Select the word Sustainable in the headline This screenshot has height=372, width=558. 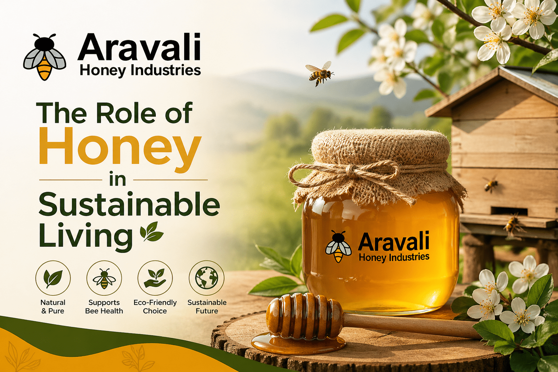click(x=129, y=205)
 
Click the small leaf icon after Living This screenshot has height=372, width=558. click(x=151, y=232)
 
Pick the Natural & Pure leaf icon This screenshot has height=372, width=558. click(x=53, y=278)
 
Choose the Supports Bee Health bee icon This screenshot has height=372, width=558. click(x=104, y=278)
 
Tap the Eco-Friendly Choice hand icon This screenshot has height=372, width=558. click(x=155, y=278)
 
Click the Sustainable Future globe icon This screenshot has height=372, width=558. click(x=206, y=278)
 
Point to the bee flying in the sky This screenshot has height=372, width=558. click(x=319, y=73)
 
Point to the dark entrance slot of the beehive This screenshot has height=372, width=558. click(x=509, y=211)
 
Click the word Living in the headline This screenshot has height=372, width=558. click(x=86, y=236)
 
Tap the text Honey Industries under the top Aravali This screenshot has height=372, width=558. click(x=140, y=70)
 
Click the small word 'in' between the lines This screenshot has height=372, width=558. click(x=118, y=179)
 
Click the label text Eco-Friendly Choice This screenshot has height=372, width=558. click(x=155, y=307)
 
